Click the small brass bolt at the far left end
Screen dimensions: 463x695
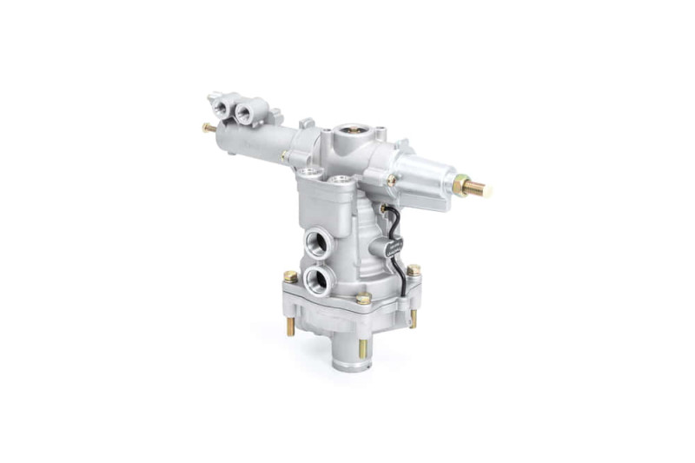tap(208, 128)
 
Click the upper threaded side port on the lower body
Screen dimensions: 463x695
tap(316, 240)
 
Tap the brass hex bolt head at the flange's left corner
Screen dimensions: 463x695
tap(289, 276)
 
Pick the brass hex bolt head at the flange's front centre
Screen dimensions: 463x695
tap(363, 298)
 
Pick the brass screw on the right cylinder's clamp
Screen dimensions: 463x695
tap(393, 181)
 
